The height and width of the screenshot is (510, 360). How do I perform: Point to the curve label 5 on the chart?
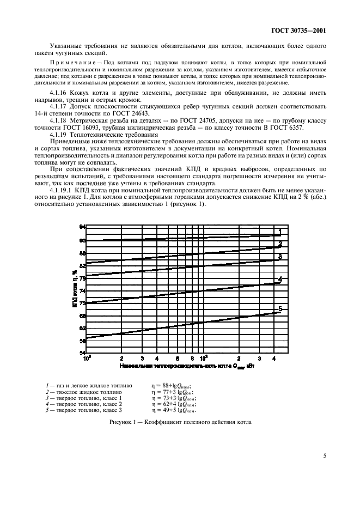click(280, 309)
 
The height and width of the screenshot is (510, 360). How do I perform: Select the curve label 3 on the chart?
click(280, 256)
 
